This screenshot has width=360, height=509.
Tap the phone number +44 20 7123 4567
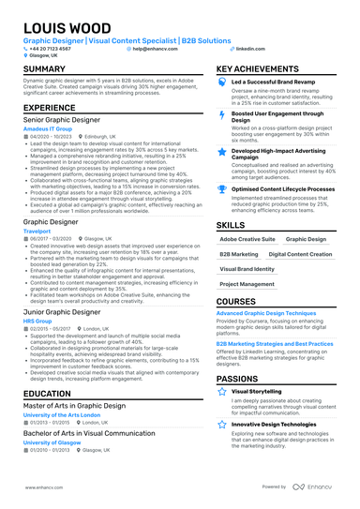tap(50, 47)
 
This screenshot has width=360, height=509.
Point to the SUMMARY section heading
tap(44, 69)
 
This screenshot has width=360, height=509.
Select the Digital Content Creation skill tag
tap(300, 254)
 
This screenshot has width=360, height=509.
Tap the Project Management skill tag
tap(247, 283)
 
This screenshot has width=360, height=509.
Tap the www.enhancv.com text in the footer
tap(41, 487)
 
